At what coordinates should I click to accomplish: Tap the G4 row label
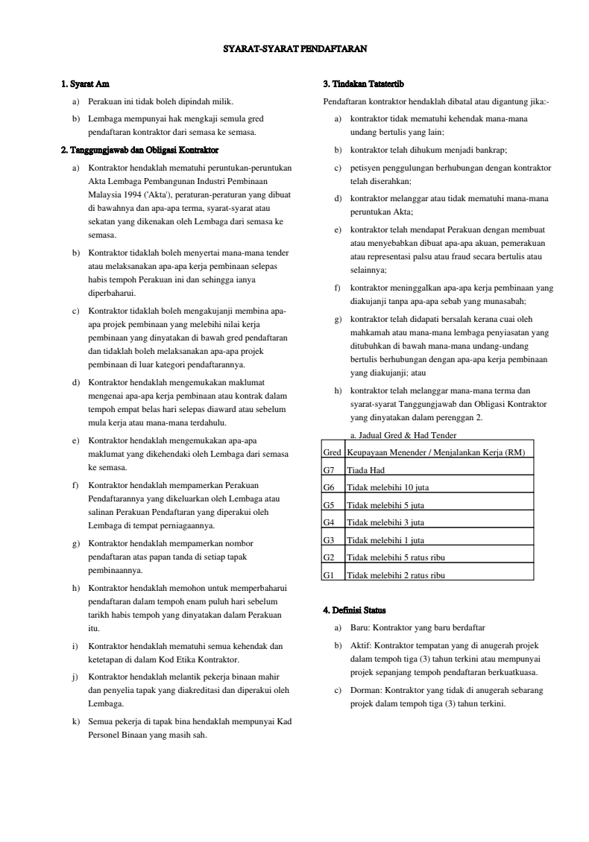click(x=330, y=523)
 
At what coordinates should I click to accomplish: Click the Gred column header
click(x=332, y=452)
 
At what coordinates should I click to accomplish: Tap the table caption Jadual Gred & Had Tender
click(x=403, y=434)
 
